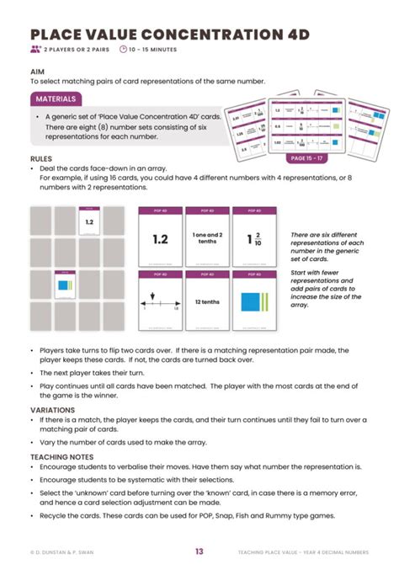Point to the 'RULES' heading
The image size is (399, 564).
pyautogui.click(x=41, y=158)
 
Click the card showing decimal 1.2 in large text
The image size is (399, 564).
pyautogui.click(x=160, y=238)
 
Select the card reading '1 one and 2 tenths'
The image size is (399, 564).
pyautogui.click(x=207, y=238)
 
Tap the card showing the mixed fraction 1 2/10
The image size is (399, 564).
pyautogui.click(x=254, y=238)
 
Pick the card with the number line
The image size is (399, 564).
pyautogui.click(x=160, y=301)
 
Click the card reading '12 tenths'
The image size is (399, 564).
pyautogui.click(x=207, y=301)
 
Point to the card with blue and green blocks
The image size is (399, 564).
pyautogui.click(x=254, y=301)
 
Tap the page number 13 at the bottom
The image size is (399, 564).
pyautogui.click(x=199, y=551)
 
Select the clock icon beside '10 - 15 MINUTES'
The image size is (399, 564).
pyautogui.click(x=124, y=50)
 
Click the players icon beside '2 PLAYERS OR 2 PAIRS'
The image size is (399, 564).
pyautogui.click(x=35, y=50)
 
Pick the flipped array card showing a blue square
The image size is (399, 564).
pyautogui.click(x=66, y=286)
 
